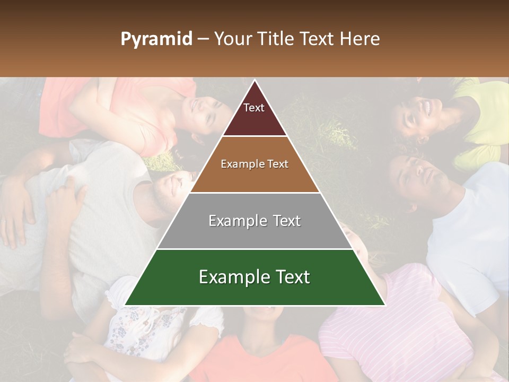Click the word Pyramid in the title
(156, 39)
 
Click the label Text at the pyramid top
(254, 108)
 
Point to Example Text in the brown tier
(254, 164)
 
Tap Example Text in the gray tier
(254, 221)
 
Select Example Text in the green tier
(254, 277)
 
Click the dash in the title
(203, 39)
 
